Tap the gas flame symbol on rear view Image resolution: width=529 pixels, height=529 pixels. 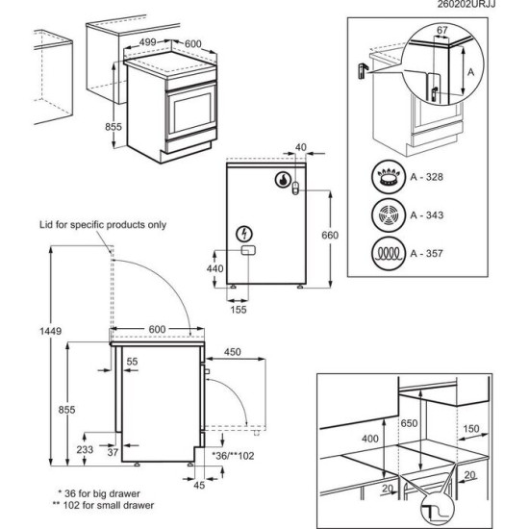284,179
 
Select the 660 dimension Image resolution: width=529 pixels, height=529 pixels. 330,235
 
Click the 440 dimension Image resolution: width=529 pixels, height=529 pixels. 214,270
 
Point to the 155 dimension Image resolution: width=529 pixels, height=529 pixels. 239,309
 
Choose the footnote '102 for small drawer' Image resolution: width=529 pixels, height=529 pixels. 108,505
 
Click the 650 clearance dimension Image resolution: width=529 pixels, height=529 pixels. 409,423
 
